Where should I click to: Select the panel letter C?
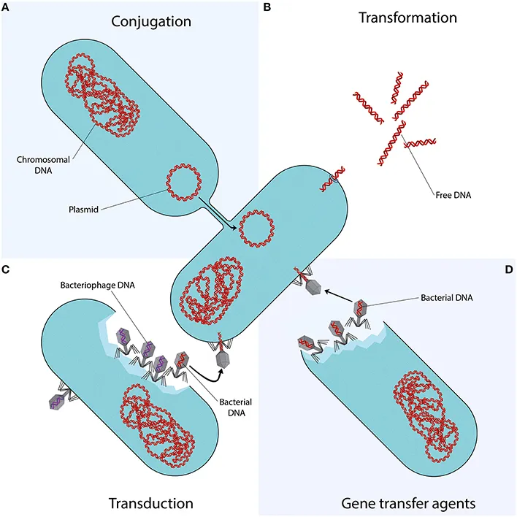[x=6, y=270]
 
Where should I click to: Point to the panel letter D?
[x=508, y=270]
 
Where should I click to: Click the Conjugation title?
[x=151, y=21]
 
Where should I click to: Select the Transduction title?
[x=150, y=502]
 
